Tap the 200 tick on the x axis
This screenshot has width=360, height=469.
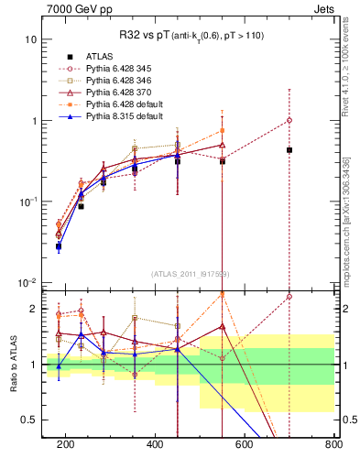point(66,445)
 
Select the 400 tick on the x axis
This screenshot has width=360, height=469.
point(155,445)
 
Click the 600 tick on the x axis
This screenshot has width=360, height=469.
point(245,445)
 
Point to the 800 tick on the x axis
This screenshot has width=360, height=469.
point(333,445)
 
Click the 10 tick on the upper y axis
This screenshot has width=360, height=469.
point(31,40)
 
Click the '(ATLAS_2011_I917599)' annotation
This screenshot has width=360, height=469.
point(189,275)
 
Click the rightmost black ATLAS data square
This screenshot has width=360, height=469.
point(289,149)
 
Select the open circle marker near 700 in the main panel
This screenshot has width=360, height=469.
point(289,120)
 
